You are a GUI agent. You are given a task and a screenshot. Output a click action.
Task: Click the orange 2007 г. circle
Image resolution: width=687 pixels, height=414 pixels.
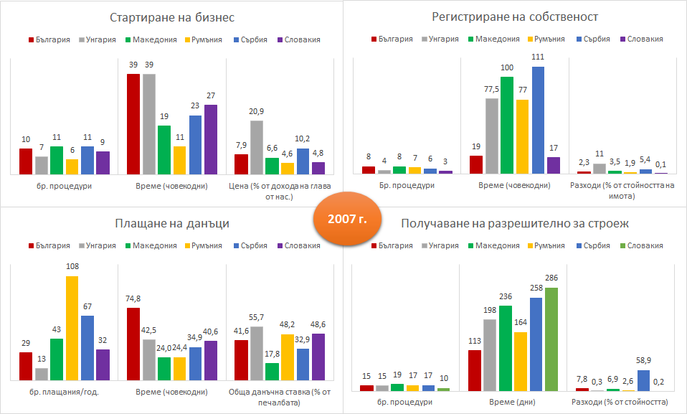coord(343,218)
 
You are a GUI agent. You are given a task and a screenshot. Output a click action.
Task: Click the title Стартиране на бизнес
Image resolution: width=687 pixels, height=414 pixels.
coord(172,17)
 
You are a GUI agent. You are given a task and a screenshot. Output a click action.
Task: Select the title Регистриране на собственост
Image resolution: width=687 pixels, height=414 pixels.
coord(515,17)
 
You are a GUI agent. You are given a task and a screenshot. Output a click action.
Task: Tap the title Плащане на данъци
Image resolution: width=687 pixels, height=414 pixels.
coord(172,224)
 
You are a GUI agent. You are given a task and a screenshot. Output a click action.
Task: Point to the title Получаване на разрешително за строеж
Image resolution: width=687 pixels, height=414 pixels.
coord(515,224)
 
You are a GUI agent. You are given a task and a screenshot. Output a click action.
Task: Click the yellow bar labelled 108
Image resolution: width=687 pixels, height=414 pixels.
coord(72,328)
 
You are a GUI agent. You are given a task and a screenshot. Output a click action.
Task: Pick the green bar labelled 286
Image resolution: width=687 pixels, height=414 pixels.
coord(551,339)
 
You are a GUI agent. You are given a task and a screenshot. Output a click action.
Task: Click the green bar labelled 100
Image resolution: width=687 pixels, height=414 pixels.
coord(506,125)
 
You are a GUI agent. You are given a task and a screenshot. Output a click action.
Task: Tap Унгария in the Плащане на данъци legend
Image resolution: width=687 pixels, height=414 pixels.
coord(100,245)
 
